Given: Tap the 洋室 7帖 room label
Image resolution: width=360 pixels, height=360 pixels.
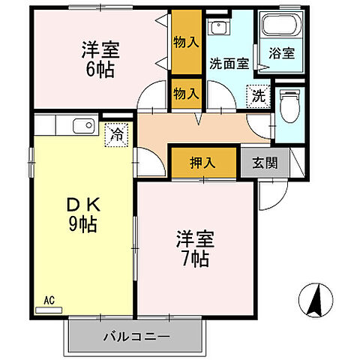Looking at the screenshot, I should (195, 249).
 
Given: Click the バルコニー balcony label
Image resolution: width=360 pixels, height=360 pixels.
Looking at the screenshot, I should (136, 336).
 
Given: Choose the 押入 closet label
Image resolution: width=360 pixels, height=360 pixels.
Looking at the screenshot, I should (202, 163).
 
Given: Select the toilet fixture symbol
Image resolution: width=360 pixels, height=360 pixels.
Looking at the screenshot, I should (288, 106).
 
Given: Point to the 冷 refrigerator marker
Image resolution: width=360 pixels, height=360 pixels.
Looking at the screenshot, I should (118, 135).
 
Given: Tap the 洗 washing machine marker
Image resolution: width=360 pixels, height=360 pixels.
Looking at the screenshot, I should (256, 96).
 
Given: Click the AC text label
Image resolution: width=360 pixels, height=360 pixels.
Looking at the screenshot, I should (49, 301).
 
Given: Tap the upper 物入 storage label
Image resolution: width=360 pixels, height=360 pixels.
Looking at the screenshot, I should (185, 43).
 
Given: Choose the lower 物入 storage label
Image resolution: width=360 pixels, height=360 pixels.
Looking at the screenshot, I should (185, 93).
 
